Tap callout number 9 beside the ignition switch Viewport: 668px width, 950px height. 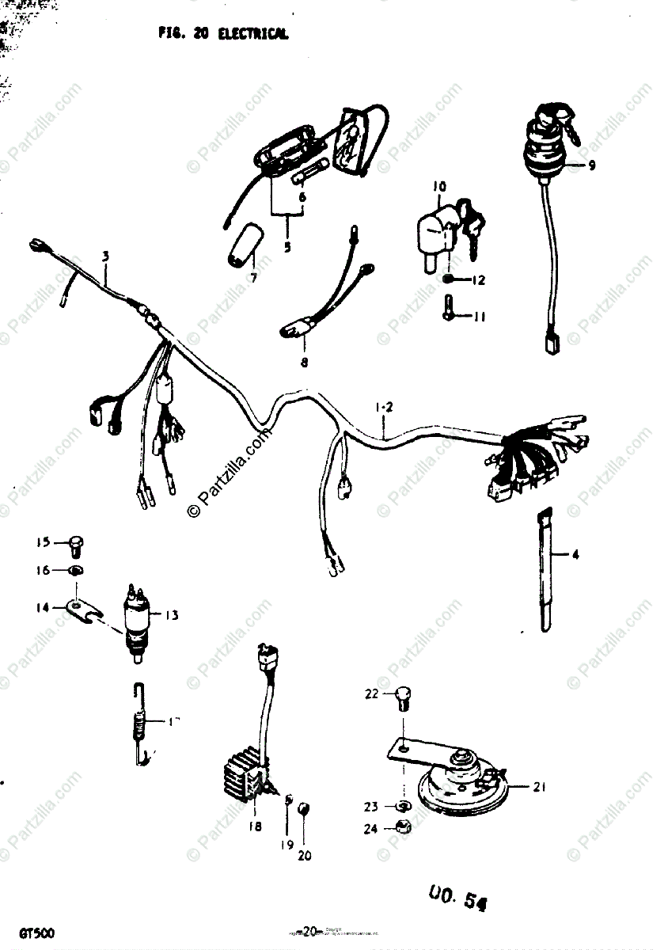pos(591,165)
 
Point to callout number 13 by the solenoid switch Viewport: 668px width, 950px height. pos(173,615)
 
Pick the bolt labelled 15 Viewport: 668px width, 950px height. pos(75,544)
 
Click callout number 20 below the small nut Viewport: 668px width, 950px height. pos(305,856)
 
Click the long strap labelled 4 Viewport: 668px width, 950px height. pos(545,570)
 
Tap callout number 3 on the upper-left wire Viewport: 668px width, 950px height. pos(105,256)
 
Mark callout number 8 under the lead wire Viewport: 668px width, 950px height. pos(304,363)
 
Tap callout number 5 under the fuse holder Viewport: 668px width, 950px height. pos(287,246)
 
